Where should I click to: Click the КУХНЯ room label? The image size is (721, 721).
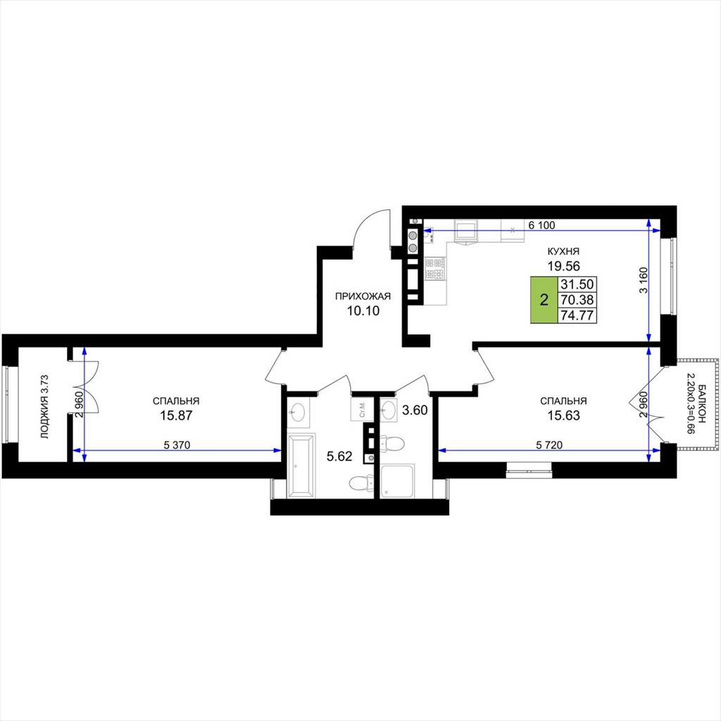(563, 251)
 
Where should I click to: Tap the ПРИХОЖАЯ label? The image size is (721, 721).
(363, 296)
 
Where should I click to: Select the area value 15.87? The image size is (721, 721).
(176, 415)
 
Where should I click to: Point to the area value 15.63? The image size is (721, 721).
(563, 415)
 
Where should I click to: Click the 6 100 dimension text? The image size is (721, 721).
(541, 225)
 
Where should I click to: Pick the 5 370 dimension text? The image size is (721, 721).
(177, 445)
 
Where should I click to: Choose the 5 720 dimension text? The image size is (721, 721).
(549, 445)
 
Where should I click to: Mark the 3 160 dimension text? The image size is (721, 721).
(644, 280)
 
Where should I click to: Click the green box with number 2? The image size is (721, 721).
(544, 300)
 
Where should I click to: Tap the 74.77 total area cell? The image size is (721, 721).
(577, 315)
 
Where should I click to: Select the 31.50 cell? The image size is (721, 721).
(577, 284)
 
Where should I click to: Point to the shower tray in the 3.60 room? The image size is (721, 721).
(398, 481)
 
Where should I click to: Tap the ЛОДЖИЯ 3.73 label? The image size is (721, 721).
(44, 406)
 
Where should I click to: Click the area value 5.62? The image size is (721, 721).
(339, 456)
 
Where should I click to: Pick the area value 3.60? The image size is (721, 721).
(415, 410)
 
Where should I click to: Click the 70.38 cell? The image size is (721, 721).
(577, 300)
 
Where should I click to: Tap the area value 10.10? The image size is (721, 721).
(363, 311)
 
